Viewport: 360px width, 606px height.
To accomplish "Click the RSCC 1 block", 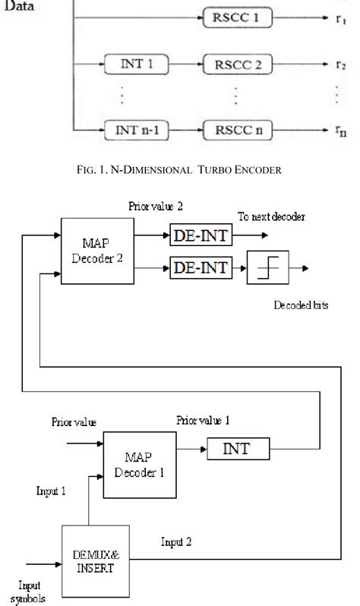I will coord(236,16).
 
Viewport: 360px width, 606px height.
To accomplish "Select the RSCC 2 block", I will coord(236,64).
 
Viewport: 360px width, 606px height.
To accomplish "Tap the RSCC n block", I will coord(236,129).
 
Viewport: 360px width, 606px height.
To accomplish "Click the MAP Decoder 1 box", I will coord(136,465).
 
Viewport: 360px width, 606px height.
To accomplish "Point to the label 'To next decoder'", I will coord(272,216).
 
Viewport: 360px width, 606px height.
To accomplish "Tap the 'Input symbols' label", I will coord(31,591).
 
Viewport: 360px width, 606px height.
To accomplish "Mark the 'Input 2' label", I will coord(175,541).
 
